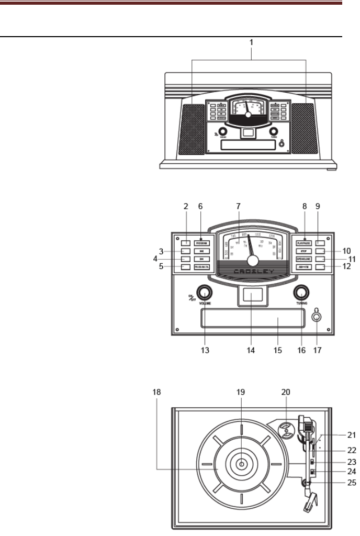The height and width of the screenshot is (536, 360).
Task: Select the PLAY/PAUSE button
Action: point(304,243)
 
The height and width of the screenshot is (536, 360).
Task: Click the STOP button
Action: point(304,251)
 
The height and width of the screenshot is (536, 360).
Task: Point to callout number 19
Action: point(241,392)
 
